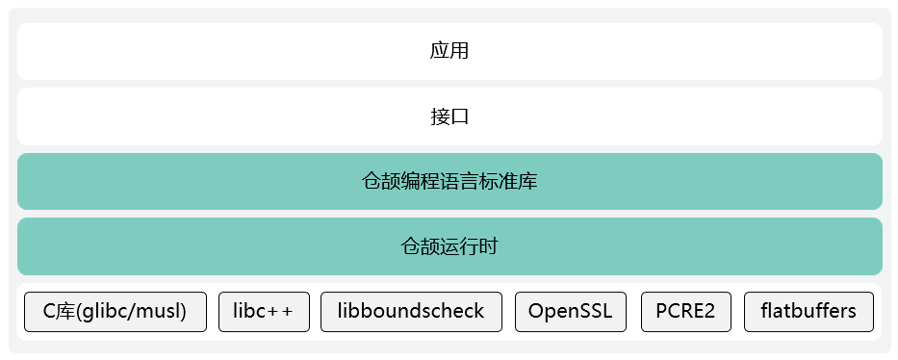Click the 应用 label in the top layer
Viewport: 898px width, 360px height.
pos(449,51)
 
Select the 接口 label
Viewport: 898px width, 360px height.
pos(449,117)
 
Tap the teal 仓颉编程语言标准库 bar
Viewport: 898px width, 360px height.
pos(449,181)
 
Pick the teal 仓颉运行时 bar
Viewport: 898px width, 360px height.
pos(449,246)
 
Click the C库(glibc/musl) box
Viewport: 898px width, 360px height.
pos(115,312)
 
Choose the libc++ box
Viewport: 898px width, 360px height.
pos(264,312)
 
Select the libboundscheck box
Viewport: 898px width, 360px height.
pos(411,312)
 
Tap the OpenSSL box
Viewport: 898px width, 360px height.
pos(571,312)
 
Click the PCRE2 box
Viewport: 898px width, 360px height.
pos(685,312)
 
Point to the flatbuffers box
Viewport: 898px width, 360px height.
pos(808,312)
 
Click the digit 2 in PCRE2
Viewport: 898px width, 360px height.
pos(710,312)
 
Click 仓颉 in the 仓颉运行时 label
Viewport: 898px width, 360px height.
pos(420,246)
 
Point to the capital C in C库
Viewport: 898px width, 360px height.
pos(51,312)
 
